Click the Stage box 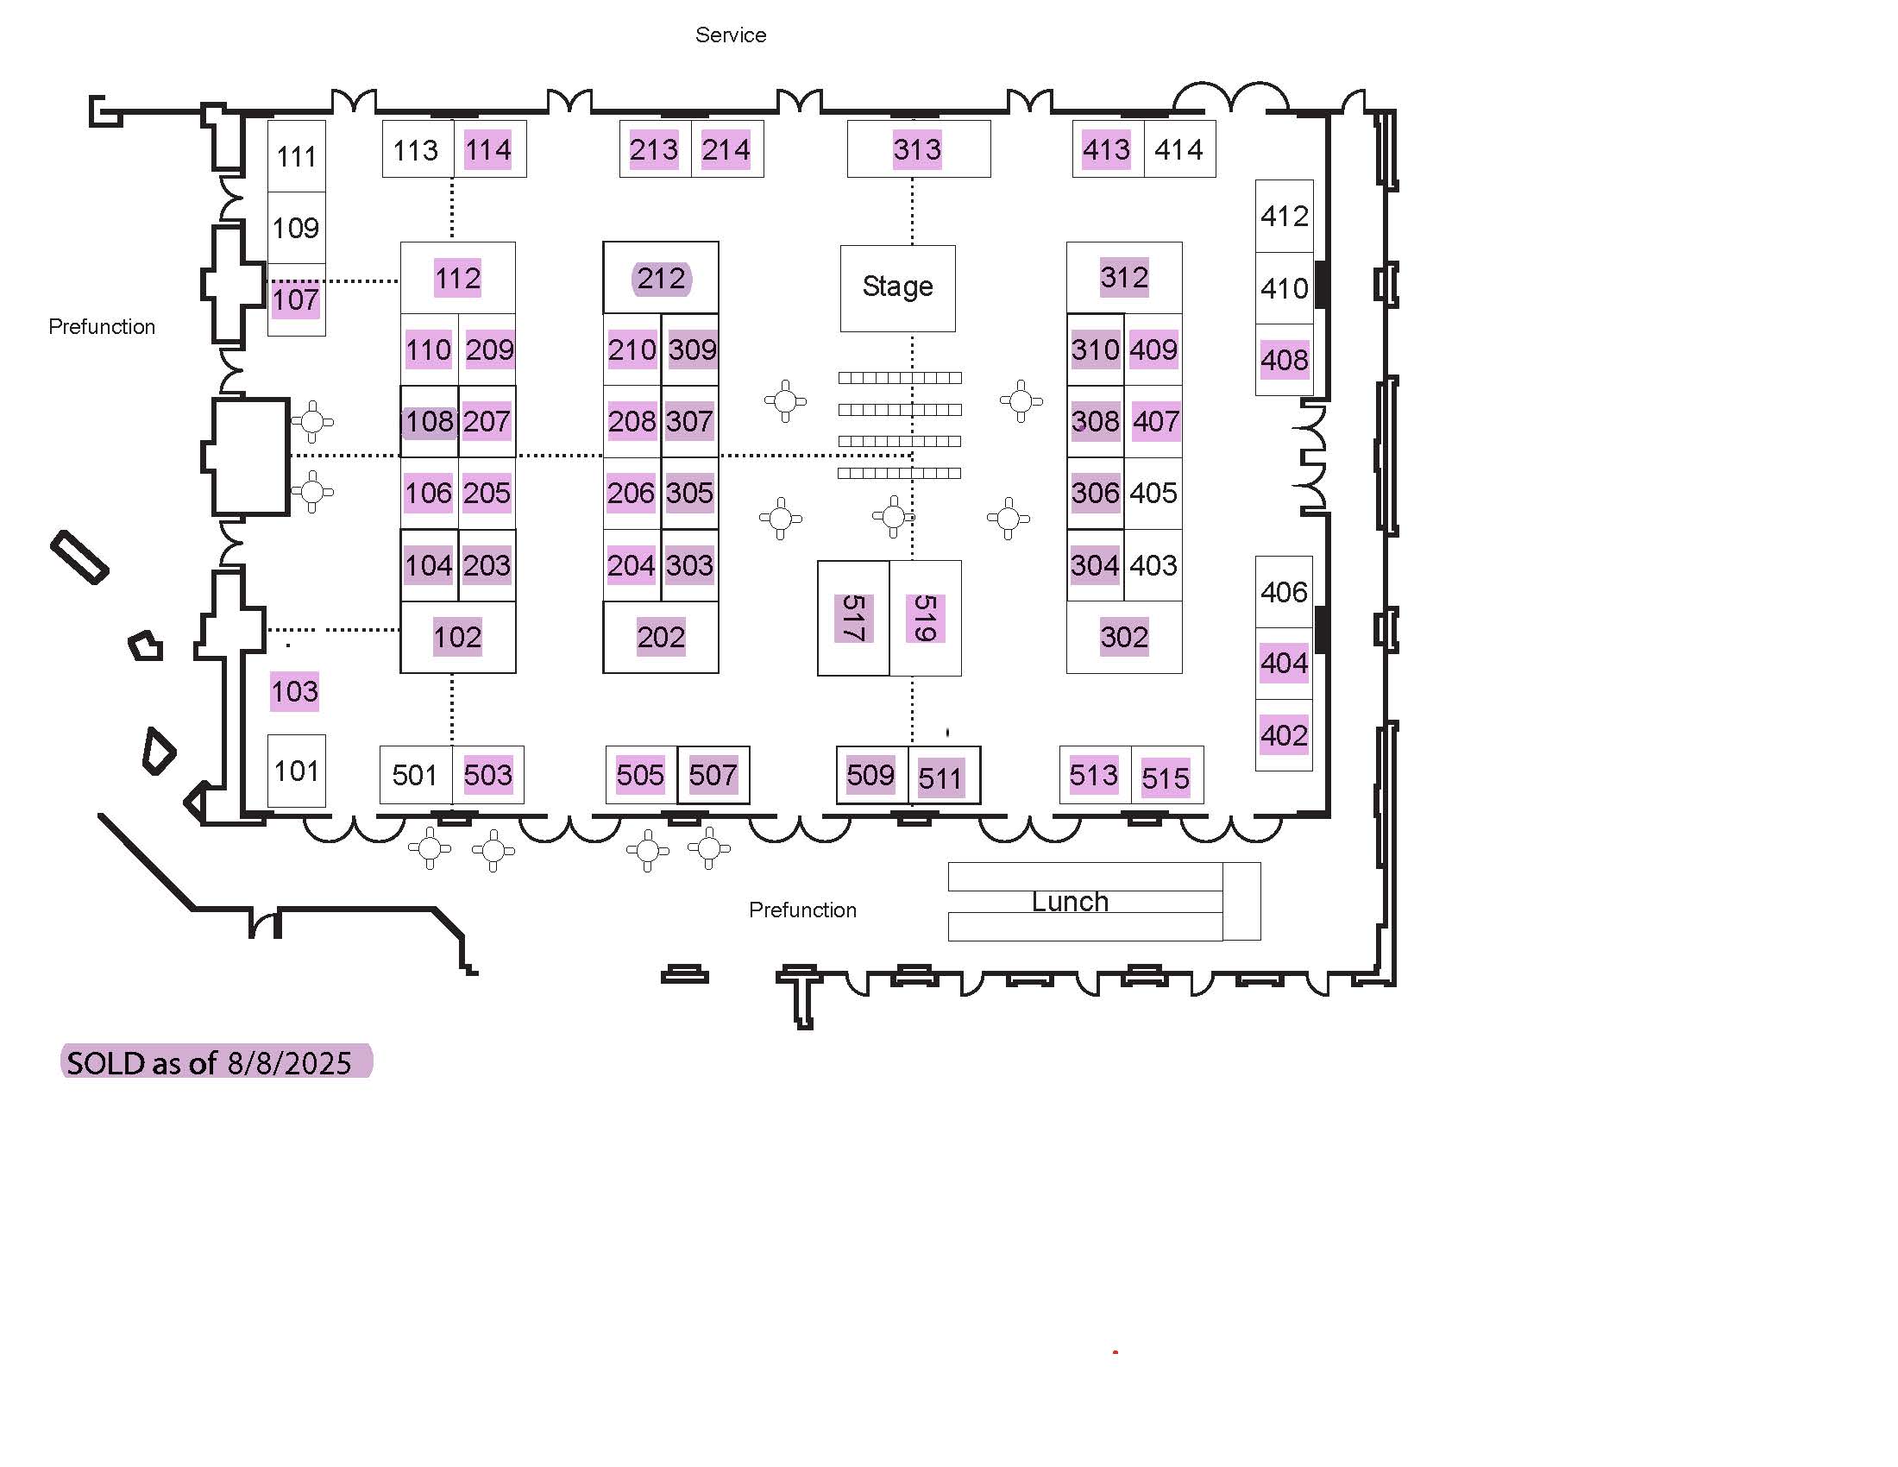(897, 287)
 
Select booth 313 (919, 148)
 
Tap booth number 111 (296, 156)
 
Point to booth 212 (661, 278)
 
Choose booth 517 (853, 618)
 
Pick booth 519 (926, 618)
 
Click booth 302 (1123, 637)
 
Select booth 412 (1284, 217)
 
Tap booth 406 (1284, 592)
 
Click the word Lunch (1070, 902)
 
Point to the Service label (731, 35)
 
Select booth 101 (296, 771)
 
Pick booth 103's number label (294, 692)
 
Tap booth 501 (416, 774)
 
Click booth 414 (1179, 148)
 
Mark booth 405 (1153, 494)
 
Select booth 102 (458, 637)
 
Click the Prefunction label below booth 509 (803, 910)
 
